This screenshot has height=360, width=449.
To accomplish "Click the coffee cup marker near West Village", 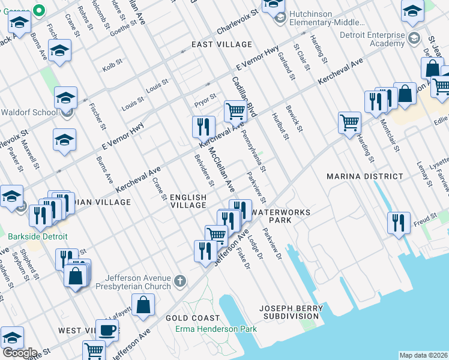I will point(107,330).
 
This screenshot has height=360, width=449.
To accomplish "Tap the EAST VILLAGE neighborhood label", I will point(221,45).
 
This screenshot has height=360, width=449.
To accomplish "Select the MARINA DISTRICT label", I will point(364,176).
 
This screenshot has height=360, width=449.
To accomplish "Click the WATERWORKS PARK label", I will point(281,216).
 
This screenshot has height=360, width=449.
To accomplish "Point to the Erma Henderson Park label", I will point(216,329).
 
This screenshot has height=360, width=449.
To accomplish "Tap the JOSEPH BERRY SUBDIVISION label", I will point(289,311).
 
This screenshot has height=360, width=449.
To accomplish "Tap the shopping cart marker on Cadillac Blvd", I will point(235,110).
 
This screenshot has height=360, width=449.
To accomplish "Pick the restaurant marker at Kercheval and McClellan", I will point(203,127).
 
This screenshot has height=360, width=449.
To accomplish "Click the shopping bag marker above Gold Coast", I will point(145,304).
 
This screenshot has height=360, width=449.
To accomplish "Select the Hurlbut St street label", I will point(280,126).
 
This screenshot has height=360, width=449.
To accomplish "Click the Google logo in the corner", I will point(19,353).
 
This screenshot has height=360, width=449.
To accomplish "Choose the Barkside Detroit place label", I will point(37,236).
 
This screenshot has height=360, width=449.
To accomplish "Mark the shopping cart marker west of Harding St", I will point(349,123).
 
